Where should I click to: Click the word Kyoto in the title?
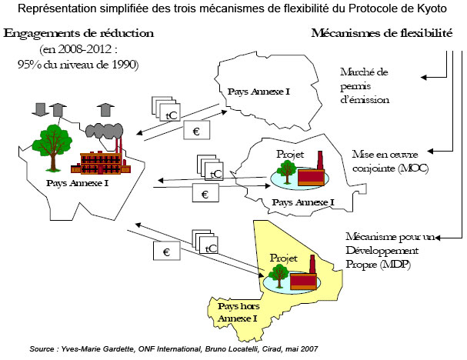click(x=432, y=8)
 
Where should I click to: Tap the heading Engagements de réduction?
click(x=78, y=33)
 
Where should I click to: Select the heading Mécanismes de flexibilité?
click(x=382, y=33)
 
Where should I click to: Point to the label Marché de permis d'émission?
click(x=364, y=85)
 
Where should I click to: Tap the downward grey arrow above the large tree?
click(x=40, y=109)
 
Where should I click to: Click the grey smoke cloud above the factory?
click(x=104, y=131)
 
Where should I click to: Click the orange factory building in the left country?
click(x=101, y=163)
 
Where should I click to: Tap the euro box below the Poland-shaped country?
click(x=196, y=130)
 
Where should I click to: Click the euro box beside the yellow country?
click(x=167, y=251)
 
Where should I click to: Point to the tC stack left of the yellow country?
click(x=205, y=242)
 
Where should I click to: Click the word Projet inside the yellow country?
click(x=283, y=258)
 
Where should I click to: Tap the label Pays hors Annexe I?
click(x=239, y=312)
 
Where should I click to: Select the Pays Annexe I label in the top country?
click(x=259, y=92)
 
